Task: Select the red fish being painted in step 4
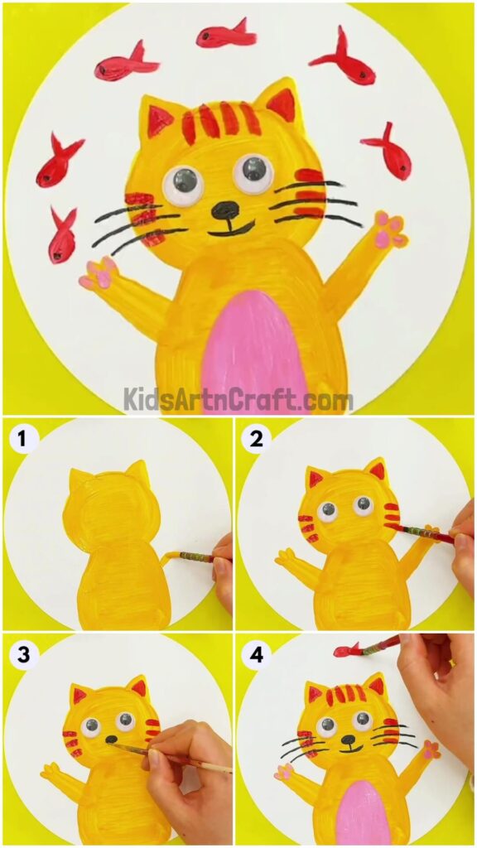(x=348, y=650)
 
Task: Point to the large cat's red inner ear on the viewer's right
(x=282, y=104)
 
